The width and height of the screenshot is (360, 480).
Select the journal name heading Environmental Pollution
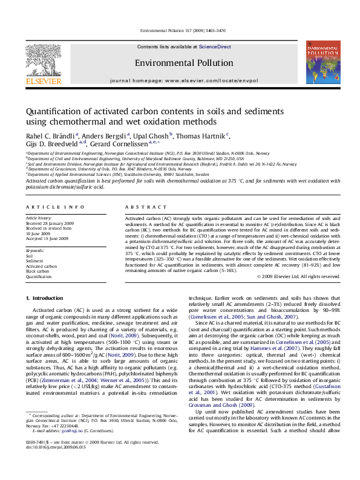click(183, 63)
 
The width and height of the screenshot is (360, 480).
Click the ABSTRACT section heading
click(137, 207)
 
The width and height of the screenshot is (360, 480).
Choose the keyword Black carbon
click(38, 271)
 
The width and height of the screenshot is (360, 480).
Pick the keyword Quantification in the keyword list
click(39, 276)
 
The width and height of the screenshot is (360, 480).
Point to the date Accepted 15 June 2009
click(47, 237)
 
